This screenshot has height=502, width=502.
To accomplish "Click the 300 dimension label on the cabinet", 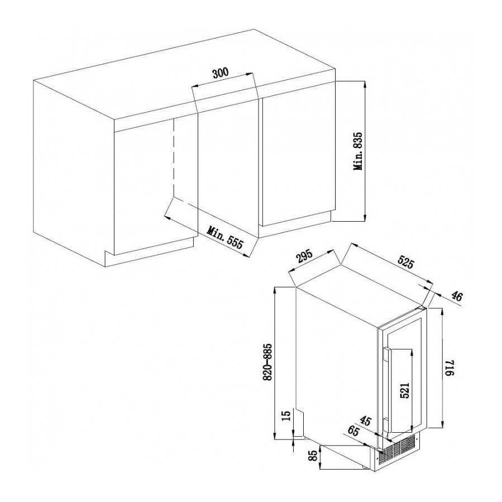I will (221, 73).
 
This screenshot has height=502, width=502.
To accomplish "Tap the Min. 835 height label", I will (358, 151).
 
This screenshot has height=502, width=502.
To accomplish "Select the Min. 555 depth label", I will (226, 238).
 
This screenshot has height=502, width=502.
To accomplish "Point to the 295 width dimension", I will (304, 257).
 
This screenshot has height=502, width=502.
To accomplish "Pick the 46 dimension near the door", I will (457, 297).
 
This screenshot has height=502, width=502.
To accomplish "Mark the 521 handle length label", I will (405, 390).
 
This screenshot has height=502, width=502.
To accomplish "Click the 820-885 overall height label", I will (269, 361).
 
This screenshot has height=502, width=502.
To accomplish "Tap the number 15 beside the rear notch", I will (286, 416).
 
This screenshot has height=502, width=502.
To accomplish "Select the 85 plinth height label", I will (313, 457).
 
